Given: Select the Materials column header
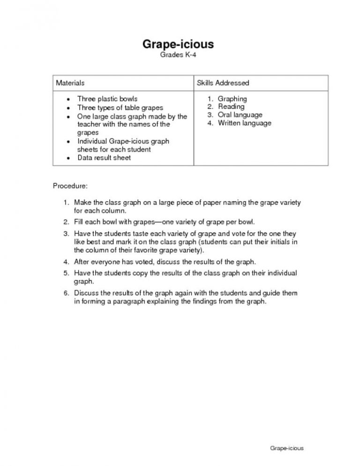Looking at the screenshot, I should (x=70, y=83).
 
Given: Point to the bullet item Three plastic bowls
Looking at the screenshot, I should (x=107, y=99).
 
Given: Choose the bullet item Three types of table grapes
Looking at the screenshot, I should (x=120, y=107).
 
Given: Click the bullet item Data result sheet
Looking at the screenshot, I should (x=104, y=158).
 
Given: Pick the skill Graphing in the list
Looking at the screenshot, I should (x=232, y=99).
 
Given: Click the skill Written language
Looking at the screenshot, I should (x=244, y=123).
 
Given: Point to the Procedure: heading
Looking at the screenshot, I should (x=70, y=186).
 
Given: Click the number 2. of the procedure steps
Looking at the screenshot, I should (x=67, y=221).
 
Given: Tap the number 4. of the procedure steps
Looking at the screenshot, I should (x=67, y=261).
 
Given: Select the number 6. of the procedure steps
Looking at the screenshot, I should (x=67, y=293).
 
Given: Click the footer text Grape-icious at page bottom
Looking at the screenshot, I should (x=287, y=448).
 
